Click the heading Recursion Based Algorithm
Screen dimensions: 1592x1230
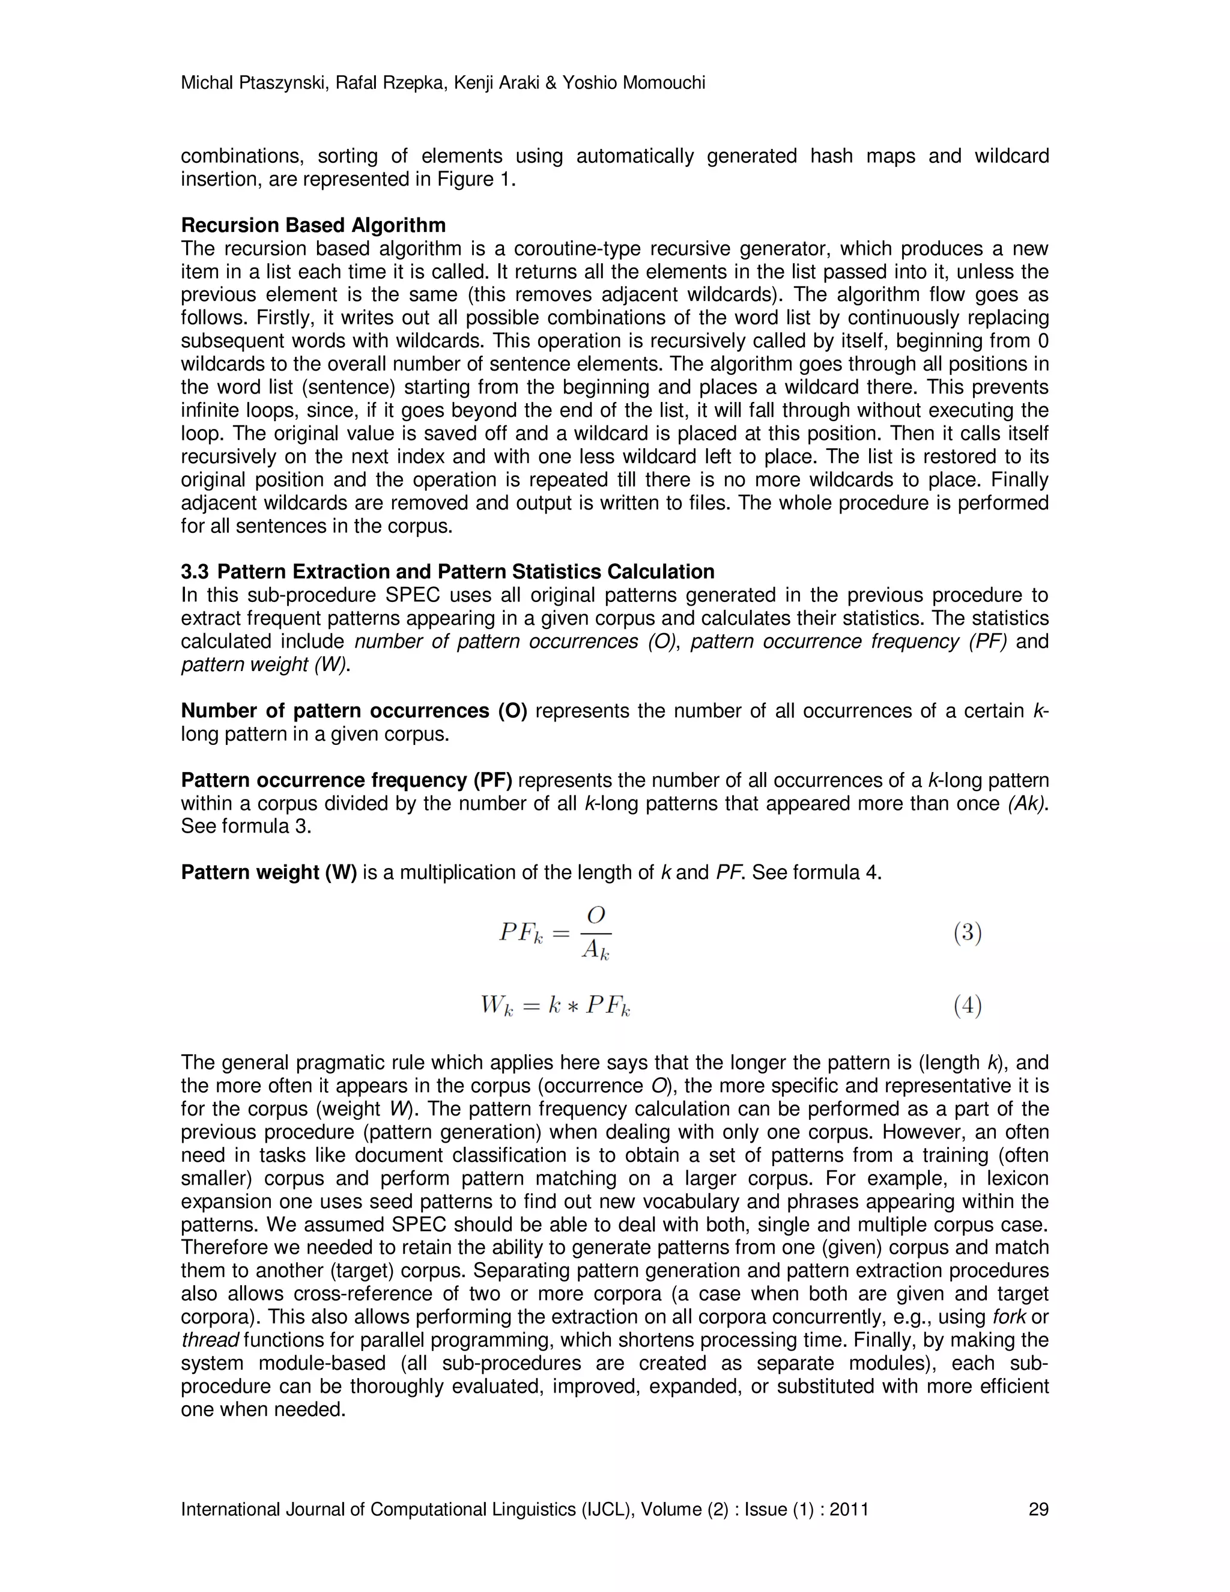click(314, 225)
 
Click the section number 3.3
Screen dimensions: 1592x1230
click(195, 571)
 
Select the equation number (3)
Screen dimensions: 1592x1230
click(968, 933)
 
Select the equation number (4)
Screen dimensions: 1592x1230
click(968, 1007)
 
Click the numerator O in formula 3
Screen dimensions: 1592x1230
click(596, 916)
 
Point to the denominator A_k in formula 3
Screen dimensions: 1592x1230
click(595, 950)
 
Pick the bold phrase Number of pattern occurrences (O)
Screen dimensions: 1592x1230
click(353, 711)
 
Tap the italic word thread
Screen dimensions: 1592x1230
click(210, 1340)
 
